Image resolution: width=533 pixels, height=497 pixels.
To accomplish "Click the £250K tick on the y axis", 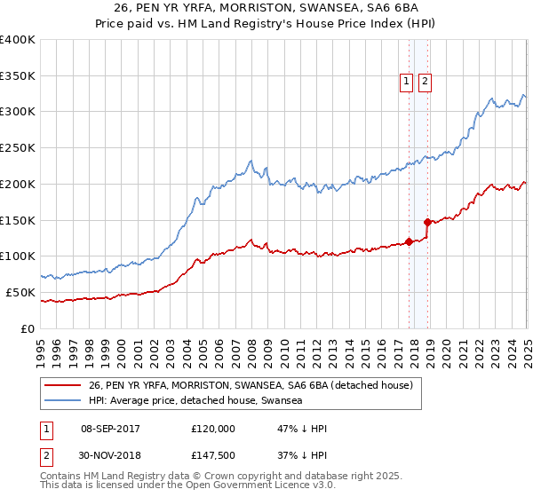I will point(18,148).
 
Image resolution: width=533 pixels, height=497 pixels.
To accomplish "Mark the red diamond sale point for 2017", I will point(409,241).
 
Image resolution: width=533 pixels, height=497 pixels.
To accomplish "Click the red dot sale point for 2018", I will point(428,222).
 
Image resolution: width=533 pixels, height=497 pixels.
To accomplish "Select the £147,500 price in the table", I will point(213,455).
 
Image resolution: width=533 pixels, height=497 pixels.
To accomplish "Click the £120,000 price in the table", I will point(213,428).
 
